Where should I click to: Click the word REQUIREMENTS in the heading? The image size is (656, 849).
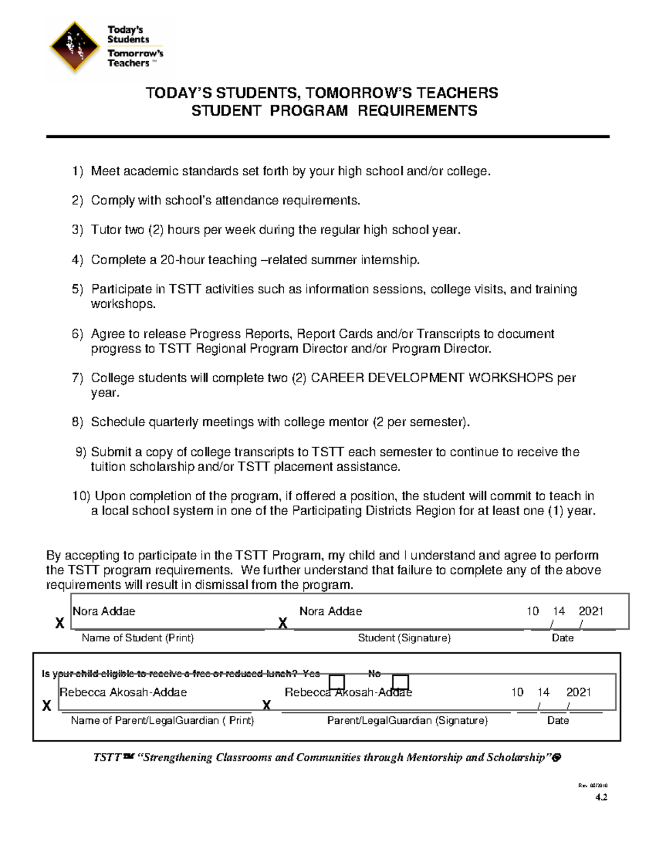click(417, 111)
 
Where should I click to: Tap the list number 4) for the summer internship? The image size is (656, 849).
click(77, 260)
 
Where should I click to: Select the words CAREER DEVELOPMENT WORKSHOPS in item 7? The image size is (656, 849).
click(431, 378)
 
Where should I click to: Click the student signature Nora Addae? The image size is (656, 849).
click(330, 611)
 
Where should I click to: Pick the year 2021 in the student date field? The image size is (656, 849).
click(591, 611)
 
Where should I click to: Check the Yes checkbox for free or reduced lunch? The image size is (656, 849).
click(337, 682)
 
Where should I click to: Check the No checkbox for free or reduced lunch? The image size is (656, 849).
click(401, 682)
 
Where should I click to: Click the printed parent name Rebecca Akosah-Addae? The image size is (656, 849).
click(123, 692)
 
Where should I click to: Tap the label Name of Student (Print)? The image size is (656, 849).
click(138, 638)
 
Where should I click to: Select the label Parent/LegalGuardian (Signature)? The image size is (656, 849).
click(407, 721)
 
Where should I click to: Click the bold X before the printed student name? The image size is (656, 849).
click(60, 623)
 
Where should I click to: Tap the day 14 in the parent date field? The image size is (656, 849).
click(543, 692)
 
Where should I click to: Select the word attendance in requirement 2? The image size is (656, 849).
click(247, 201)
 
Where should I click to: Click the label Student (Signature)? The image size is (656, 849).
click(404, 638)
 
